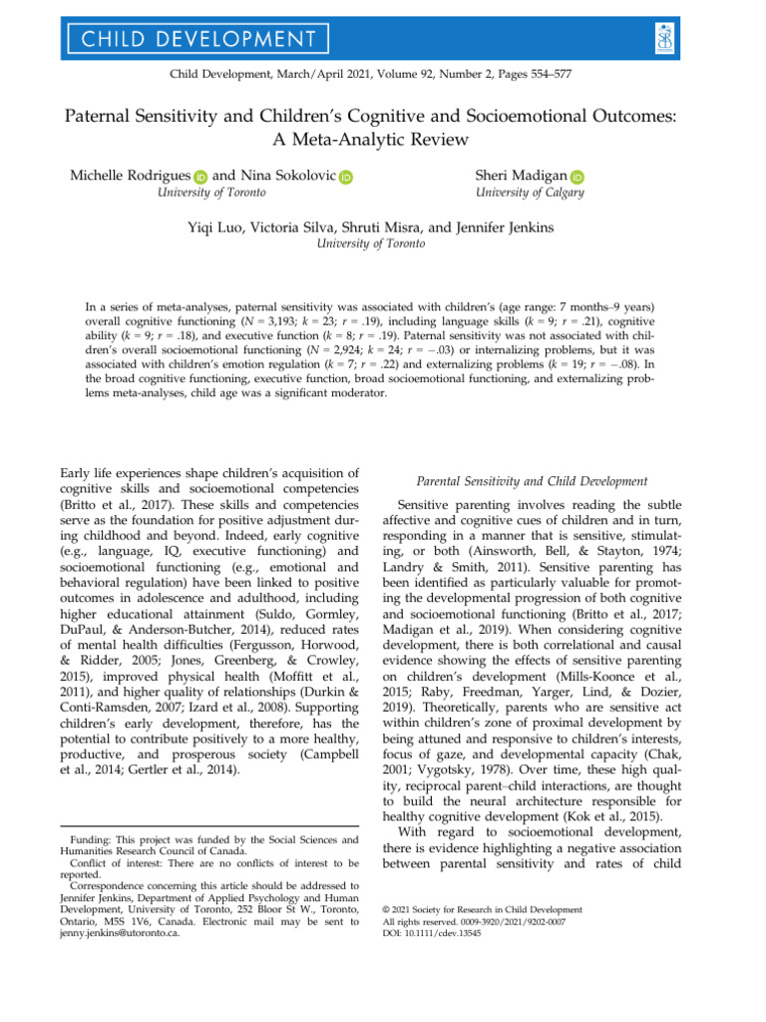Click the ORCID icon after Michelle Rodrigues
198,177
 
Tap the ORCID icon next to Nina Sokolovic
345,177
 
